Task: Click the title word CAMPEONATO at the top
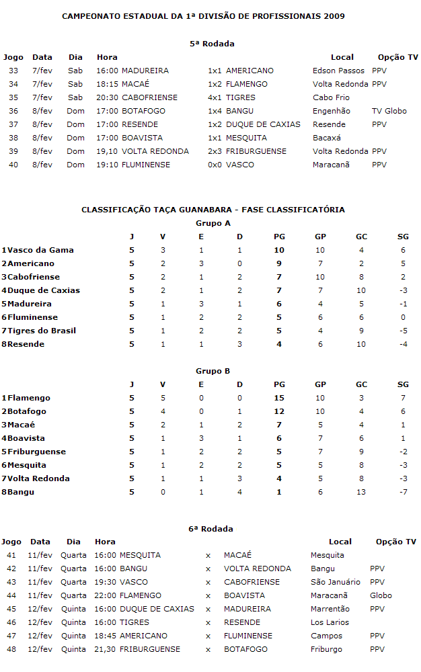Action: (89, 15)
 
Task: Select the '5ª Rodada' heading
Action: (212, 44)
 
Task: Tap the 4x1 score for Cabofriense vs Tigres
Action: (215, 97)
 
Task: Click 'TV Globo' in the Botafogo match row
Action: (389, 111)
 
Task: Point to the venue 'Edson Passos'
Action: (338, 71)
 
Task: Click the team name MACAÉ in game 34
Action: (135, 84)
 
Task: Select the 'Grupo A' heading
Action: (213, 223)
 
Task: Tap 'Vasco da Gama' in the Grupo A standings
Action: (40, 250)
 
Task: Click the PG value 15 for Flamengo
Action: (280, 398)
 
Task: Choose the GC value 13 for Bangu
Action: (362, 492)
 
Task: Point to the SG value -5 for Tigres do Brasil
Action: (403, 331)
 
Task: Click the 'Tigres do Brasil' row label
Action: (41, 331)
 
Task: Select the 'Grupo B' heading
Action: (213, 371)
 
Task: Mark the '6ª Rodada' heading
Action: (211, 529)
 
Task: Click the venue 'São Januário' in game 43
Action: (335, 582)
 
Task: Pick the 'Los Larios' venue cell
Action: (330, 622)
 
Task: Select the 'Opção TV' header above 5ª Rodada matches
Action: (397, 57)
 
